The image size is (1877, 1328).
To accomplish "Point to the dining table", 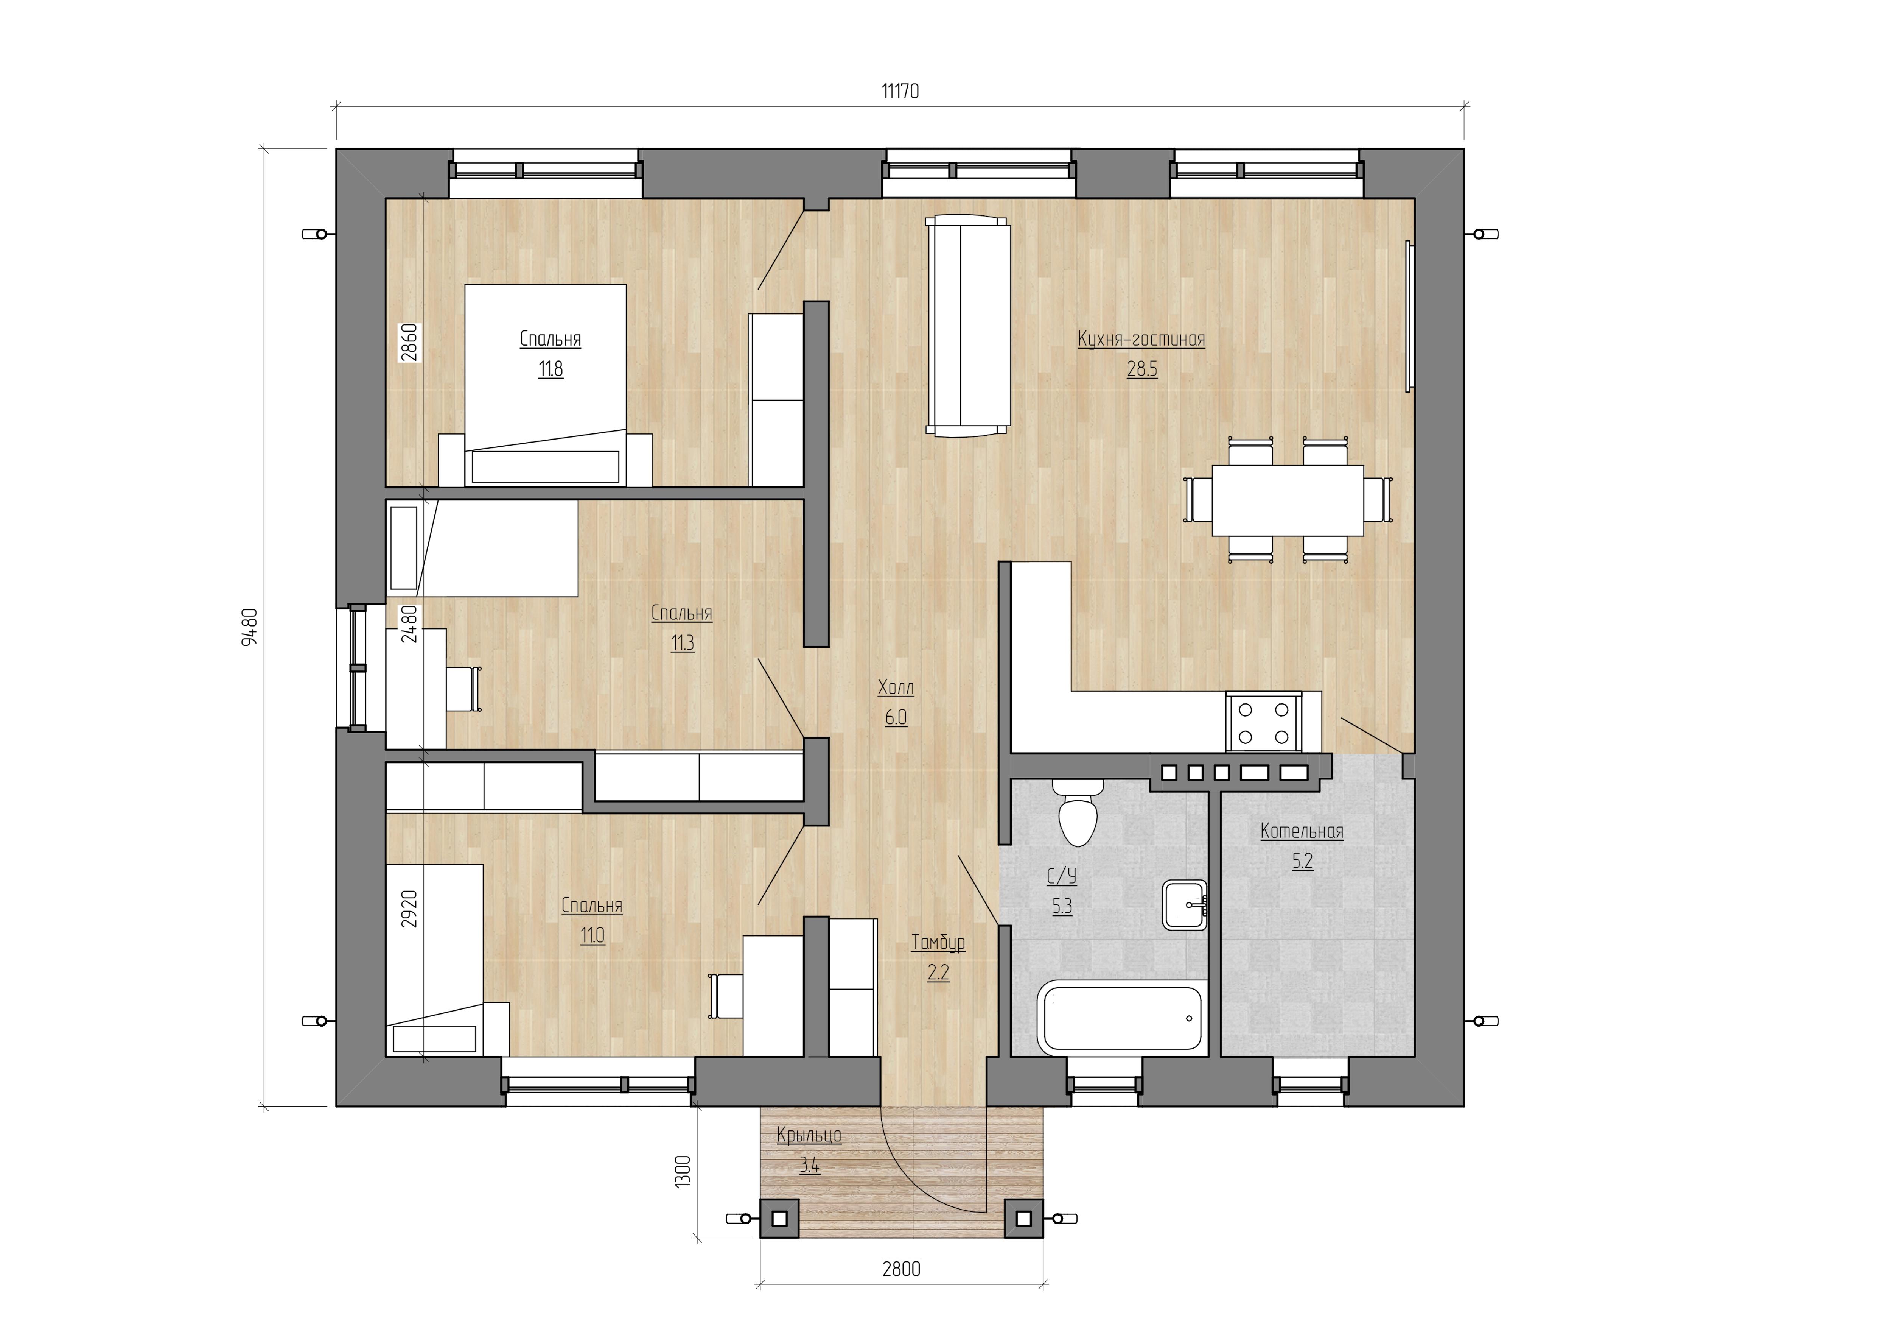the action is click(1287, 500).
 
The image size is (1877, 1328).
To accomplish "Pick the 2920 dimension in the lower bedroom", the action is click(410, 908).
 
